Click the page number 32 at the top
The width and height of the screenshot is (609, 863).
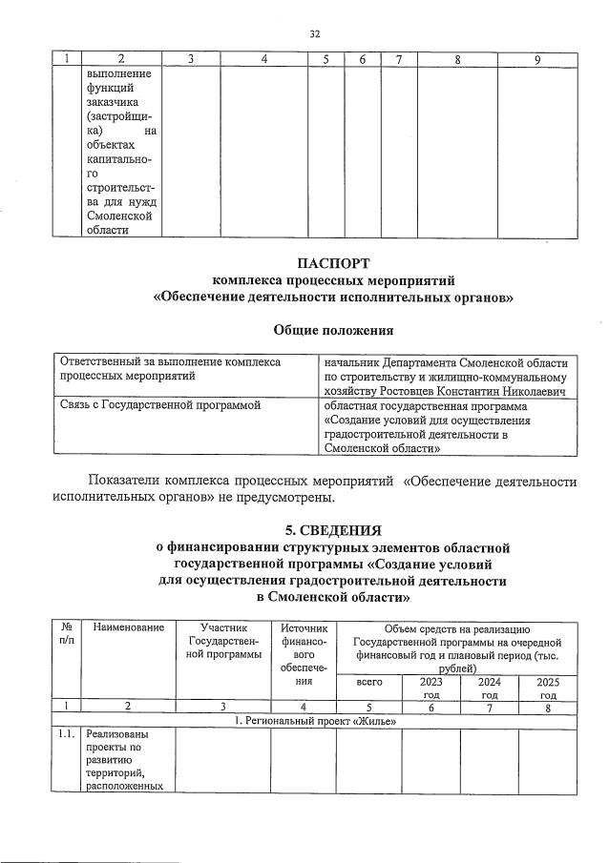click(x=314, y=34)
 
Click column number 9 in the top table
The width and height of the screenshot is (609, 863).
click(x=539, y=60)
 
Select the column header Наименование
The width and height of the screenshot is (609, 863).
click(x=124, y=627)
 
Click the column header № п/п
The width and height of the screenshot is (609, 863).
click(x=67, y=634)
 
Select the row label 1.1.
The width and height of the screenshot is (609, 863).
click(x=65, y=735)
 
